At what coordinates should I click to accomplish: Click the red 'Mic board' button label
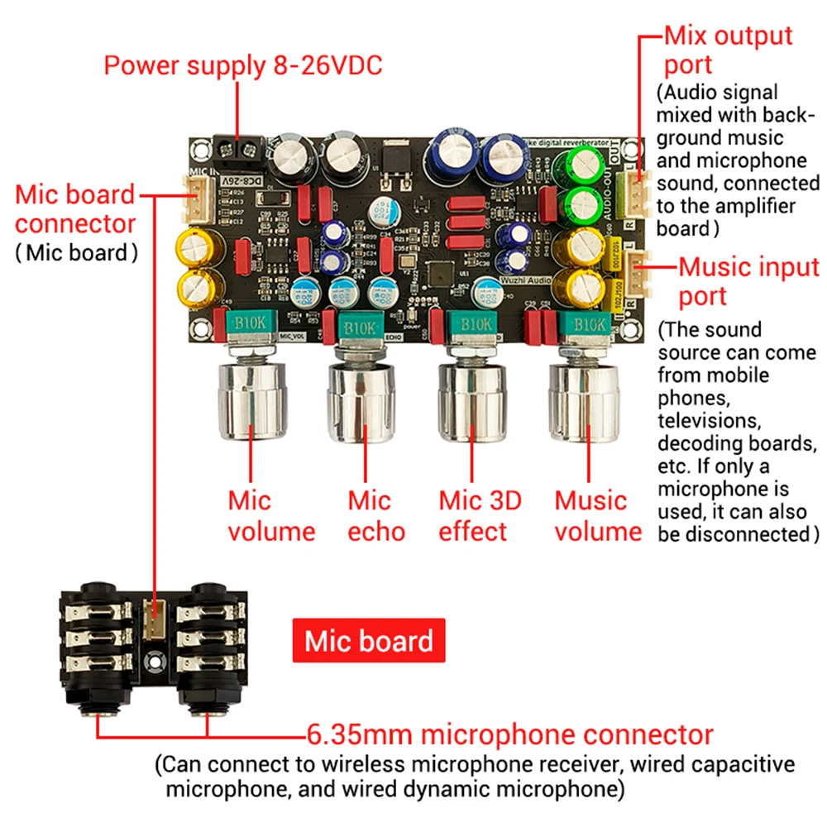[x=369, y=641]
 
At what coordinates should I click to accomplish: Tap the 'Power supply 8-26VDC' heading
[x=242, y=65]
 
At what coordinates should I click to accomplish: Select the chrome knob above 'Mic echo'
[x=360, y=400]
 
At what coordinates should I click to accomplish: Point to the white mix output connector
[x=637, y=186]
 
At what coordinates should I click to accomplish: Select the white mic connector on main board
[x=193, y=196]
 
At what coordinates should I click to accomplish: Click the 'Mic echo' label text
[x=368, y=516]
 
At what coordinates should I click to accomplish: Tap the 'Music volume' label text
[x=597, y=516]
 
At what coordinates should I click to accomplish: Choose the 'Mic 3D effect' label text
[x=480, y=516]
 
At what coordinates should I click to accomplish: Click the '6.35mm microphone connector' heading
[x=509, y=734]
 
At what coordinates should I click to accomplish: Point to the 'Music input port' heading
[x=748, y=281]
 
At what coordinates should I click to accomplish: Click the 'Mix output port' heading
[x=728, y=50]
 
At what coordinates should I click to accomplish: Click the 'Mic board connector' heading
[x=74, y=209]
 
